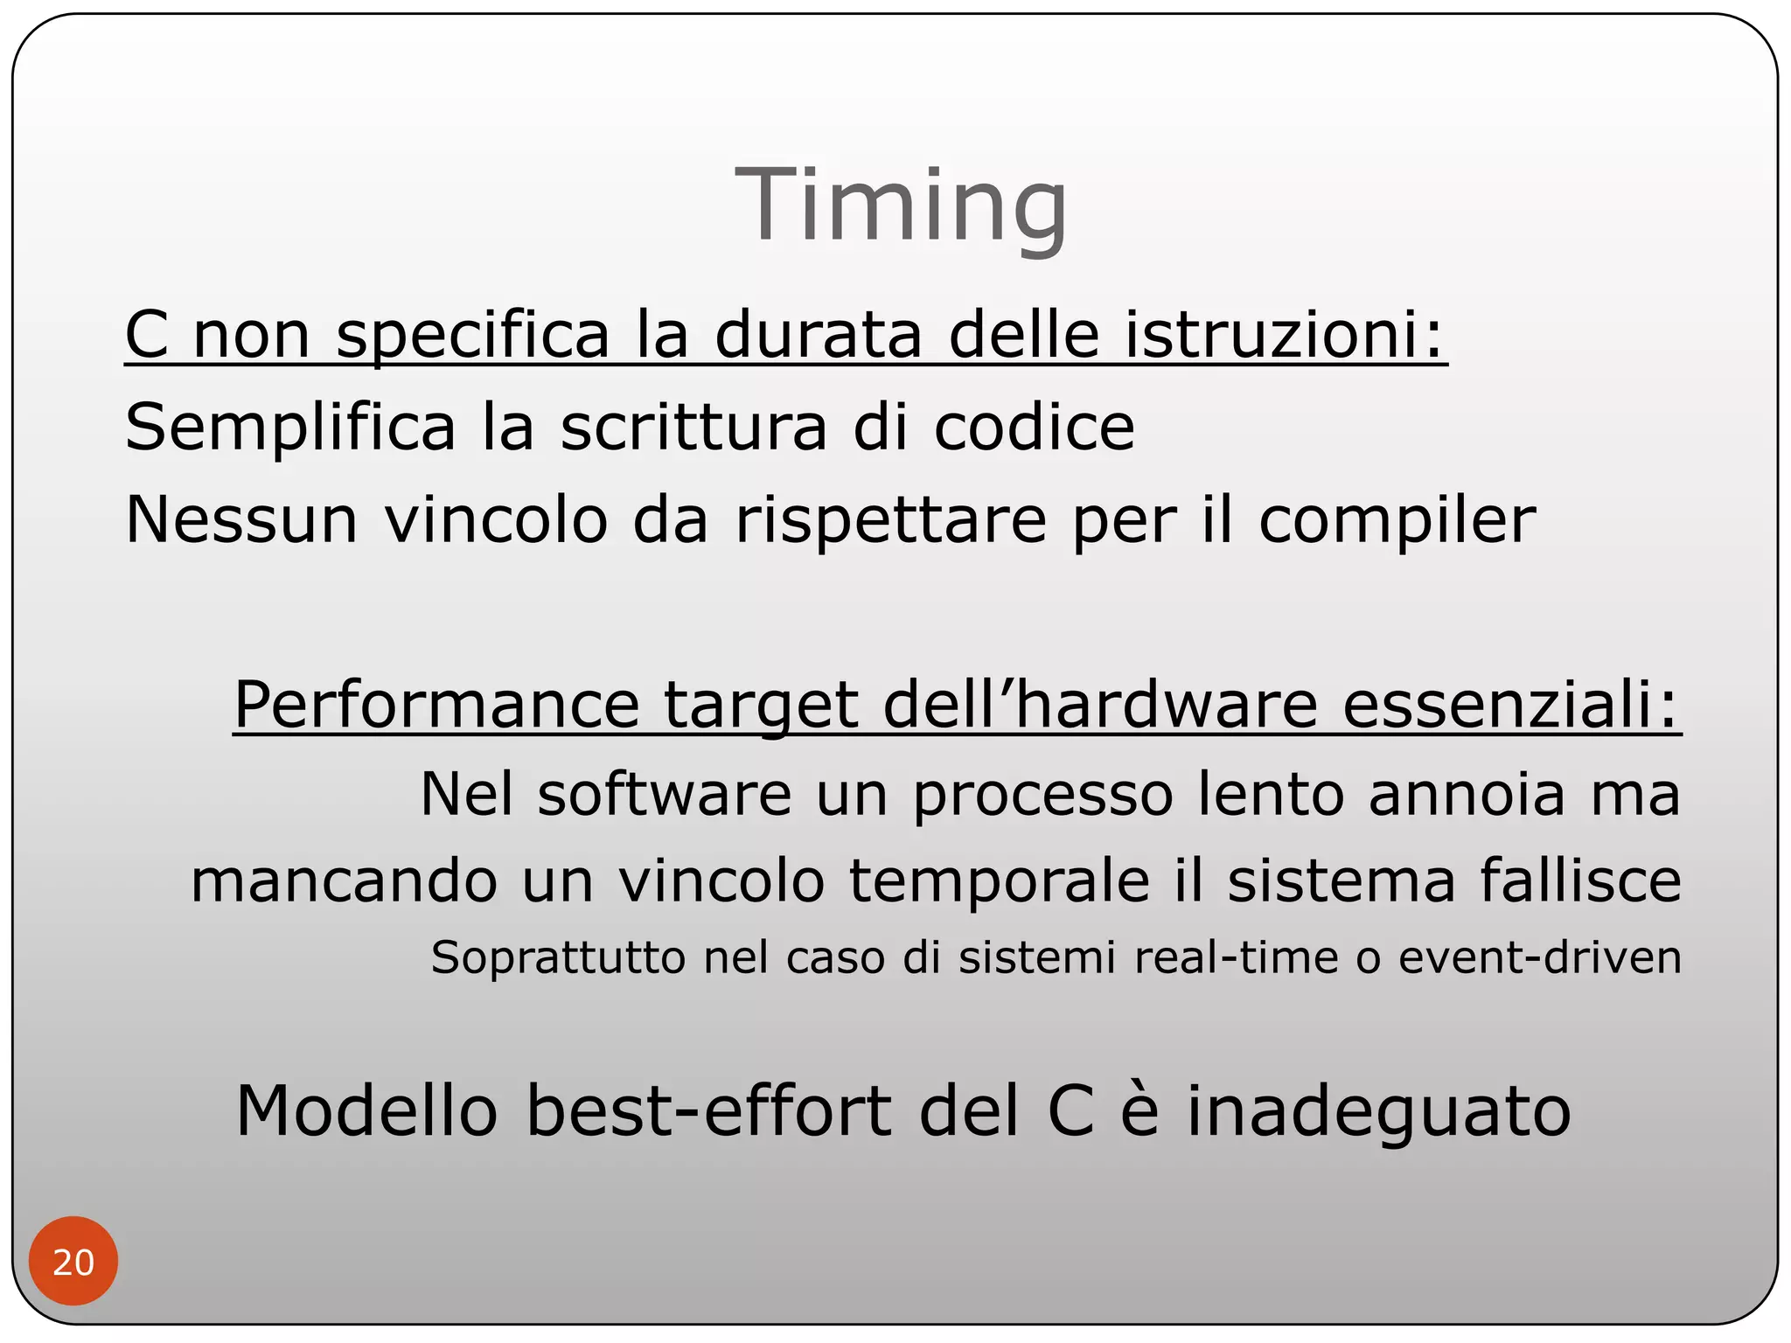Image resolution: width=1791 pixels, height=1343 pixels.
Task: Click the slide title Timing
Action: [901, 206]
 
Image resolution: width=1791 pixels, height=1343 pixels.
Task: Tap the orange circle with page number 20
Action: [73, 1262]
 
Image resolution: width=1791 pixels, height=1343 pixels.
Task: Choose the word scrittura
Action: [693, 428]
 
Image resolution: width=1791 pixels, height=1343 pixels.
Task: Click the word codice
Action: [1034, 428]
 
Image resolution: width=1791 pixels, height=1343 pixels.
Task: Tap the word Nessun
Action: [241, 520]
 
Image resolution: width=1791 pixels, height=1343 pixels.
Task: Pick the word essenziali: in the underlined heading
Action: [1511, 705]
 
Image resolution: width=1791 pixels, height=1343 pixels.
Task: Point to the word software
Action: [664, 795]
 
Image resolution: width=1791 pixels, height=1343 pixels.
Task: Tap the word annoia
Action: [1467, 795]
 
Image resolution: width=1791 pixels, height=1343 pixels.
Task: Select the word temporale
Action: [1000, 881]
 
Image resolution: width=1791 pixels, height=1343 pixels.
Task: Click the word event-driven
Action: [1540, 957]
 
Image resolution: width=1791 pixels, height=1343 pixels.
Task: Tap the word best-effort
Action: [709, 1111]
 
